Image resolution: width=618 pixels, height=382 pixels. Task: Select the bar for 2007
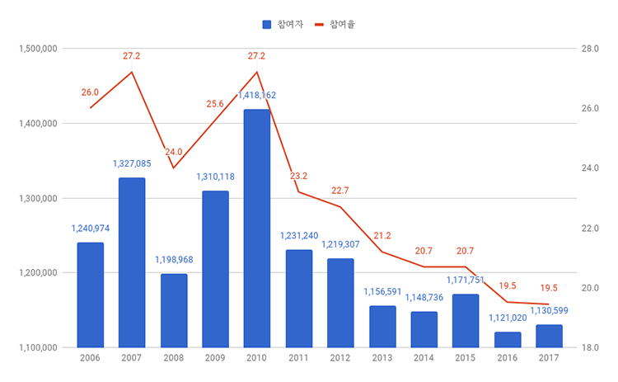[132, 262]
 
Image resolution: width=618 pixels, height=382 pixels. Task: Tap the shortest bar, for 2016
[508, 340]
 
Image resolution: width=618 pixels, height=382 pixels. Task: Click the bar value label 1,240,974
[90, 229]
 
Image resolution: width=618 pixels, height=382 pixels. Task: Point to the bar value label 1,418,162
[257, 96]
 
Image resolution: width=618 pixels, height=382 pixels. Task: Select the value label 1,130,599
[550, 310]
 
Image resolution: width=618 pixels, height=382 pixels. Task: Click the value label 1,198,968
[174, 260]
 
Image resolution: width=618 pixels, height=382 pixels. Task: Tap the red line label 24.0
[174, 153]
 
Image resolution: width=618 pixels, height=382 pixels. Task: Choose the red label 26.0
[90, 92]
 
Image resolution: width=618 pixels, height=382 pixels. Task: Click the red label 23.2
[298, 176]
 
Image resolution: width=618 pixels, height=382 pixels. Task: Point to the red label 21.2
[382, 236]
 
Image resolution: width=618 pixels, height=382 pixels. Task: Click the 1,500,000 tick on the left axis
[37, 49]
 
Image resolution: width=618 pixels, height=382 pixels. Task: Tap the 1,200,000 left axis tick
[37, 273]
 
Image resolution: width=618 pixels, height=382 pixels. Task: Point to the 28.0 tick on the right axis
[589, 49]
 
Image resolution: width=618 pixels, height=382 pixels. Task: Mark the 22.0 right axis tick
[589, 229]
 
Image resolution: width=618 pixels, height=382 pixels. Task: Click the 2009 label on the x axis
[215, 358]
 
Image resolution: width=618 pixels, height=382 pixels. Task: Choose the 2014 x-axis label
[424, 358]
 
